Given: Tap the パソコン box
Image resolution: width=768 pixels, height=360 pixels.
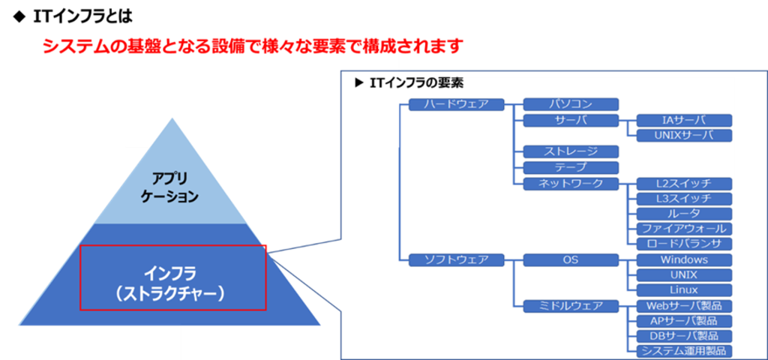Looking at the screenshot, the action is point(571,104).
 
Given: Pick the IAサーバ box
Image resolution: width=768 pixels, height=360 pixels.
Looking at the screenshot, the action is point(684,121).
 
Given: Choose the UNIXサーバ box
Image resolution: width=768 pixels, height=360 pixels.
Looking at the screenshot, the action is point(684,136).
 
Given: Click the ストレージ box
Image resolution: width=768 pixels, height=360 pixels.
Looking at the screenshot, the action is point(571,151).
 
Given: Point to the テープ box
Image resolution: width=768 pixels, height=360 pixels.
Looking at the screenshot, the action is point(571,167).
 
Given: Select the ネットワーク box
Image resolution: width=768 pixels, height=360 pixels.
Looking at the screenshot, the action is point(571,184).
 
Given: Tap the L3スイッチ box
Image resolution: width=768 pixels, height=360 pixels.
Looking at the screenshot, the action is point(684,199).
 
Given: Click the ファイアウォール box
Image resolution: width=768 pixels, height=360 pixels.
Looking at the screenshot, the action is point(684,229).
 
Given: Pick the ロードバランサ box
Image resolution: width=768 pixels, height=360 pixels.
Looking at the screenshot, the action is point(684,244).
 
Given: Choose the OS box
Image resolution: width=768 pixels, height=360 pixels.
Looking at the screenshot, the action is point(571,259).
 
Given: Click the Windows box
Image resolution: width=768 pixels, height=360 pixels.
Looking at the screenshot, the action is point(684,259).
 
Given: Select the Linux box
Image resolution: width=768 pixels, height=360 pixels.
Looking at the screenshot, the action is point(684,290).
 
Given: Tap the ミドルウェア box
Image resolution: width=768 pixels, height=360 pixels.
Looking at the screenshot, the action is point(571,306).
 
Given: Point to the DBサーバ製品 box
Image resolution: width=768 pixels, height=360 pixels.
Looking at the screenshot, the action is point(684,336).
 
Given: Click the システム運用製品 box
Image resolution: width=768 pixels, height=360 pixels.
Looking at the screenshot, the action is point(684,351).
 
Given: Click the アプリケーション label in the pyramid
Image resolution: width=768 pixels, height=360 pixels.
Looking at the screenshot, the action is point(170,187).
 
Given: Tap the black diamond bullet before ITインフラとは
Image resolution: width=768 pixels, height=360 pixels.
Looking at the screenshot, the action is point(19,17).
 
